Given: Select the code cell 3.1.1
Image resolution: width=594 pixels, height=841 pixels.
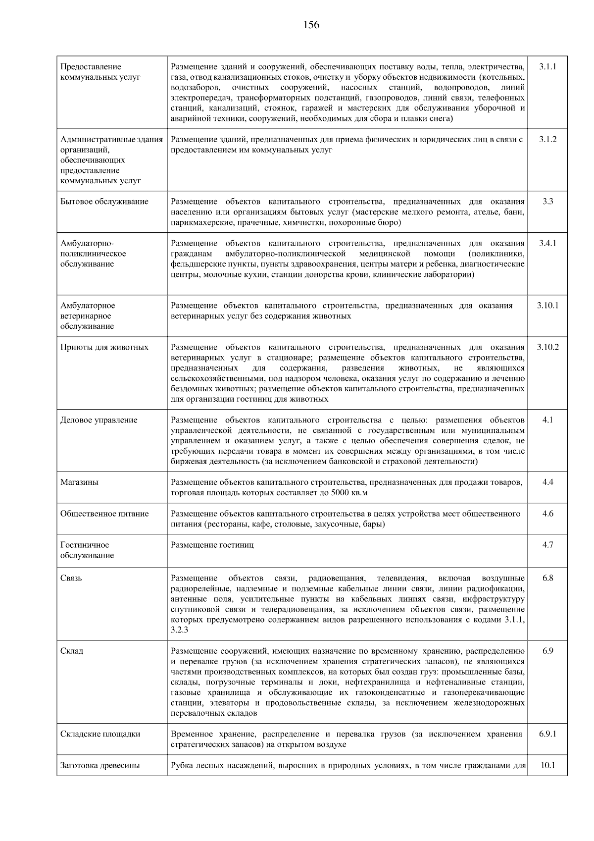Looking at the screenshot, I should [547, 66].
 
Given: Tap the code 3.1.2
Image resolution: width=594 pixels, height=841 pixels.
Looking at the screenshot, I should [547, 139].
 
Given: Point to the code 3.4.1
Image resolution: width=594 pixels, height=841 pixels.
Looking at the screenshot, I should [547, 243].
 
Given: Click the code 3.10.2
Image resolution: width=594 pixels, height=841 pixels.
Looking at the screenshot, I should [547, 347].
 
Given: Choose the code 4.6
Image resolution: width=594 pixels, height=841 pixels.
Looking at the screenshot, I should [547, 514].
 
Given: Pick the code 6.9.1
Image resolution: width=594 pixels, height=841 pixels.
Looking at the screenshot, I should [547, 734].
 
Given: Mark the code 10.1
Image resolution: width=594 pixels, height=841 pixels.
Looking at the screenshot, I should [547, 765].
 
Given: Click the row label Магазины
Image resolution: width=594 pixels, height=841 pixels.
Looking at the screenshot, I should [79, 482].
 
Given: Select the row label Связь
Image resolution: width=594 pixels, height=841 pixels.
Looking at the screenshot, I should [71, 578].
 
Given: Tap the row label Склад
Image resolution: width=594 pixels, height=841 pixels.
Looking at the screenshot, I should [72, 651].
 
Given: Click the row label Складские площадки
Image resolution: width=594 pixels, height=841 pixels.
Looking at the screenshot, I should [100, 734].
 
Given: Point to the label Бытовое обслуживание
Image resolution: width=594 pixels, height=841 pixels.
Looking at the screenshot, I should [104, 202].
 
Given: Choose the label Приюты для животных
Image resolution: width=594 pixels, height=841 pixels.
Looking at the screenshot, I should [104, 347].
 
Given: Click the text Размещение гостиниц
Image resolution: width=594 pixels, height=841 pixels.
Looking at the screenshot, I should [212, 545].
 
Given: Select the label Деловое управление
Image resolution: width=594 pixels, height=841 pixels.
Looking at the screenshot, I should [99, 420].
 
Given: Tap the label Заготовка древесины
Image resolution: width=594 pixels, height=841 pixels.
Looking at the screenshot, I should [100, 765].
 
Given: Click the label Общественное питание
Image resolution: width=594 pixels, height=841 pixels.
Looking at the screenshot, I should [104, 514].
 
